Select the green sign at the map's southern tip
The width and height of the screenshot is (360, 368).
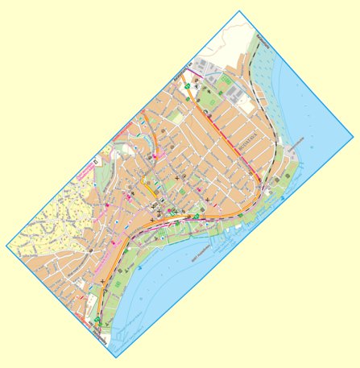(97, 320)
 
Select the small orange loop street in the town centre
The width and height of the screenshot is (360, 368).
(150, 189)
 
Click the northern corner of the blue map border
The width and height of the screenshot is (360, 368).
(240, 11)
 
